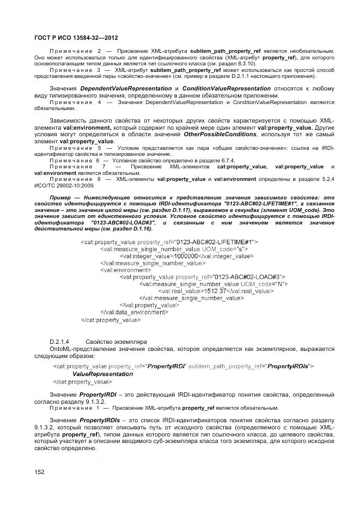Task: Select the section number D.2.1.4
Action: [59, 342]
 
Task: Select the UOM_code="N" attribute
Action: [263, 284]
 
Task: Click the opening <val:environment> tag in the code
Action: [125, 270]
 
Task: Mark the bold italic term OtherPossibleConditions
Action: [220, 135]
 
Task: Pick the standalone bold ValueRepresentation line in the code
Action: [102, 374]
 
